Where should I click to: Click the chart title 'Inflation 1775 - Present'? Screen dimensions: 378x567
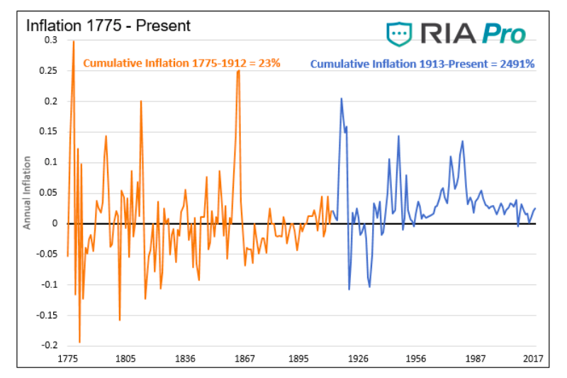point(108,26)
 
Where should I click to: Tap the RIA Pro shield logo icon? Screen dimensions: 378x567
point(399,33)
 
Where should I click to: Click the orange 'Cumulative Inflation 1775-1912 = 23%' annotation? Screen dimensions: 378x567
point(182,63)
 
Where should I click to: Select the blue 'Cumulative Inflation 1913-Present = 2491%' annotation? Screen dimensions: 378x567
point(422,64)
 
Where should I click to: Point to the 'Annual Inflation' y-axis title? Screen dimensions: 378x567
point(27,193)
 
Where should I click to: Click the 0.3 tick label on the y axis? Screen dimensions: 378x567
point(50,40)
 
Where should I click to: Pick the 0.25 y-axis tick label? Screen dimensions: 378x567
point(47,71)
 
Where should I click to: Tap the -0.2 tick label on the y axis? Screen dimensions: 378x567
point(49,345)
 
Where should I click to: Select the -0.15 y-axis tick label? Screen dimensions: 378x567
point(46,315)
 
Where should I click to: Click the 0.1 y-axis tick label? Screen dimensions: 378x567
point(50,162)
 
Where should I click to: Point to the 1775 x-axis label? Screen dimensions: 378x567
point(68,359)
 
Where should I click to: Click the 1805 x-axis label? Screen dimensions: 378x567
point(125,359)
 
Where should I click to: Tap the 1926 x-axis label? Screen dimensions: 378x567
point(357,359)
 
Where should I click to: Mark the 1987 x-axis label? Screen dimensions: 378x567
point(474,359)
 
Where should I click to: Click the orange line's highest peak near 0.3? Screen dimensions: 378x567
point(74,41)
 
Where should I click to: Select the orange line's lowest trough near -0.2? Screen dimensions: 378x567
point(79,343)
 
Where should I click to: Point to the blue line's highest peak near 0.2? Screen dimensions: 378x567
point(341,99)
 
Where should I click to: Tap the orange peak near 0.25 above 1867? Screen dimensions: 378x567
point(239,71)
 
